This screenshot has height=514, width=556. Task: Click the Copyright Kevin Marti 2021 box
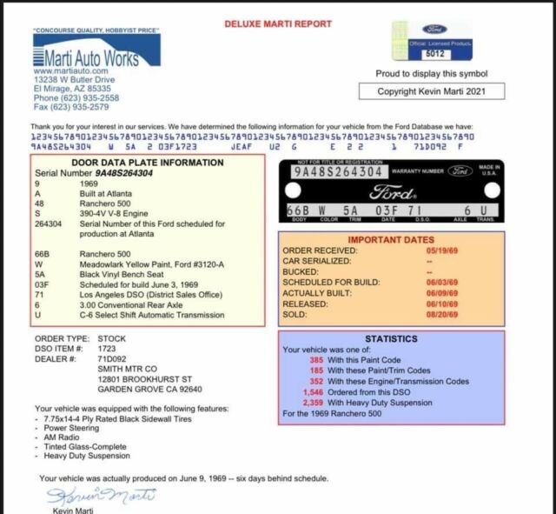[432, 91]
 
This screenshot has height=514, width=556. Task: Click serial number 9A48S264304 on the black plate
[340, 172]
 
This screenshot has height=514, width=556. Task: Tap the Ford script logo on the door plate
[391, 192]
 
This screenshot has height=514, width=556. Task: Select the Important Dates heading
[390, 239]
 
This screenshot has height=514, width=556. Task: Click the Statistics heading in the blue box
[391, 338]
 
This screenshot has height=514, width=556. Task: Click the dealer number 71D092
[111, 358]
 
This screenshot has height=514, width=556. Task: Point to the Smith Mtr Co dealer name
[127, 369]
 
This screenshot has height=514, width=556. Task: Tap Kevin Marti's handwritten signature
[102, 496]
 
